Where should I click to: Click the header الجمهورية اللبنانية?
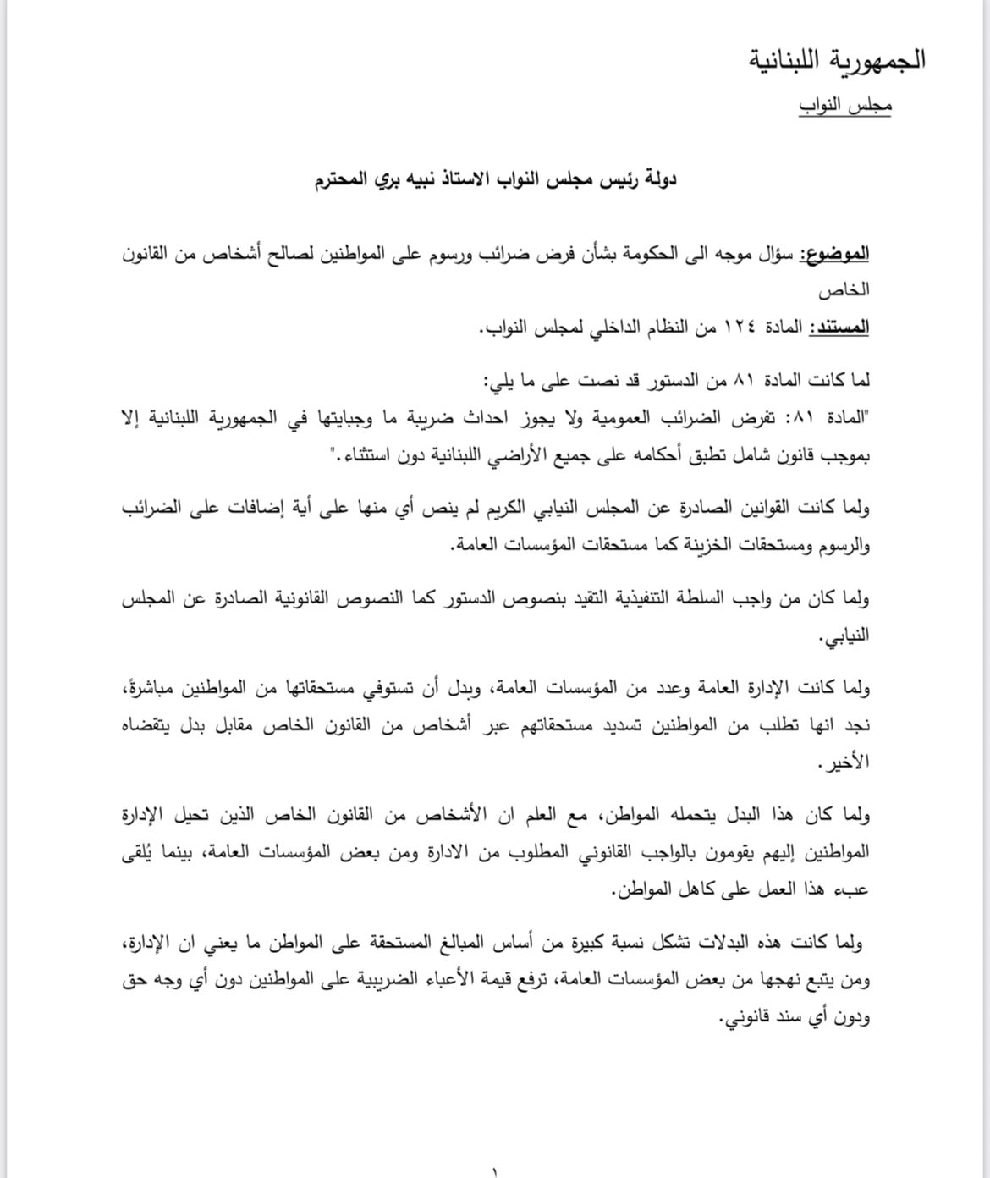tap(837, 61)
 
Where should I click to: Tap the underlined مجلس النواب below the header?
tap(844, 107)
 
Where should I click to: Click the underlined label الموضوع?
tap(834, 254)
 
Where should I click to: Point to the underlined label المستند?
tap(839, 327)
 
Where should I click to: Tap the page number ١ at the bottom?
tap(494, 1171)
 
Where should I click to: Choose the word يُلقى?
tap(140, 852)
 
